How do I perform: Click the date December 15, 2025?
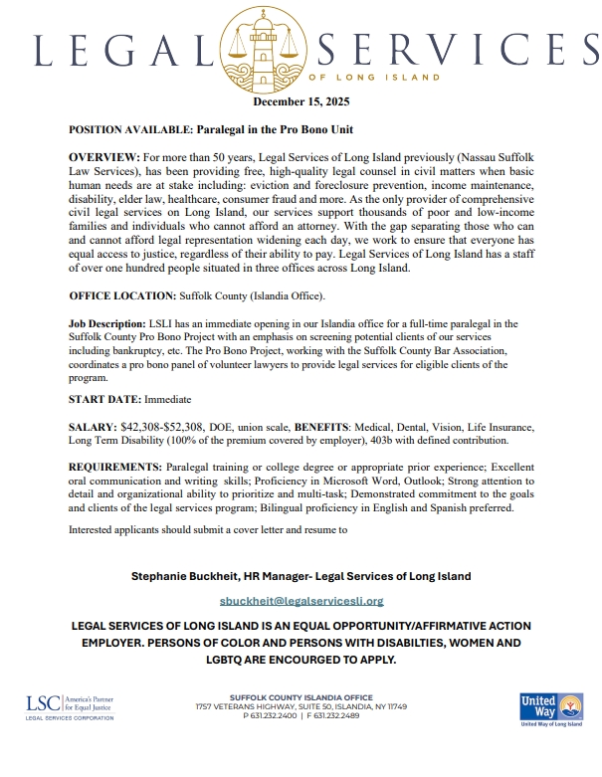(301, 101)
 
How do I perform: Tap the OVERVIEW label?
(104, 159)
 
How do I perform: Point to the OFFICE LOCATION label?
(121, 296)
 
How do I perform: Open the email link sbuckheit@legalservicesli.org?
(301, 601)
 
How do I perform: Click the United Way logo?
(550, 710)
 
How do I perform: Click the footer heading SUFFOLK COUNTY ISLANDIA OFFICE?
(301, 698)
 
